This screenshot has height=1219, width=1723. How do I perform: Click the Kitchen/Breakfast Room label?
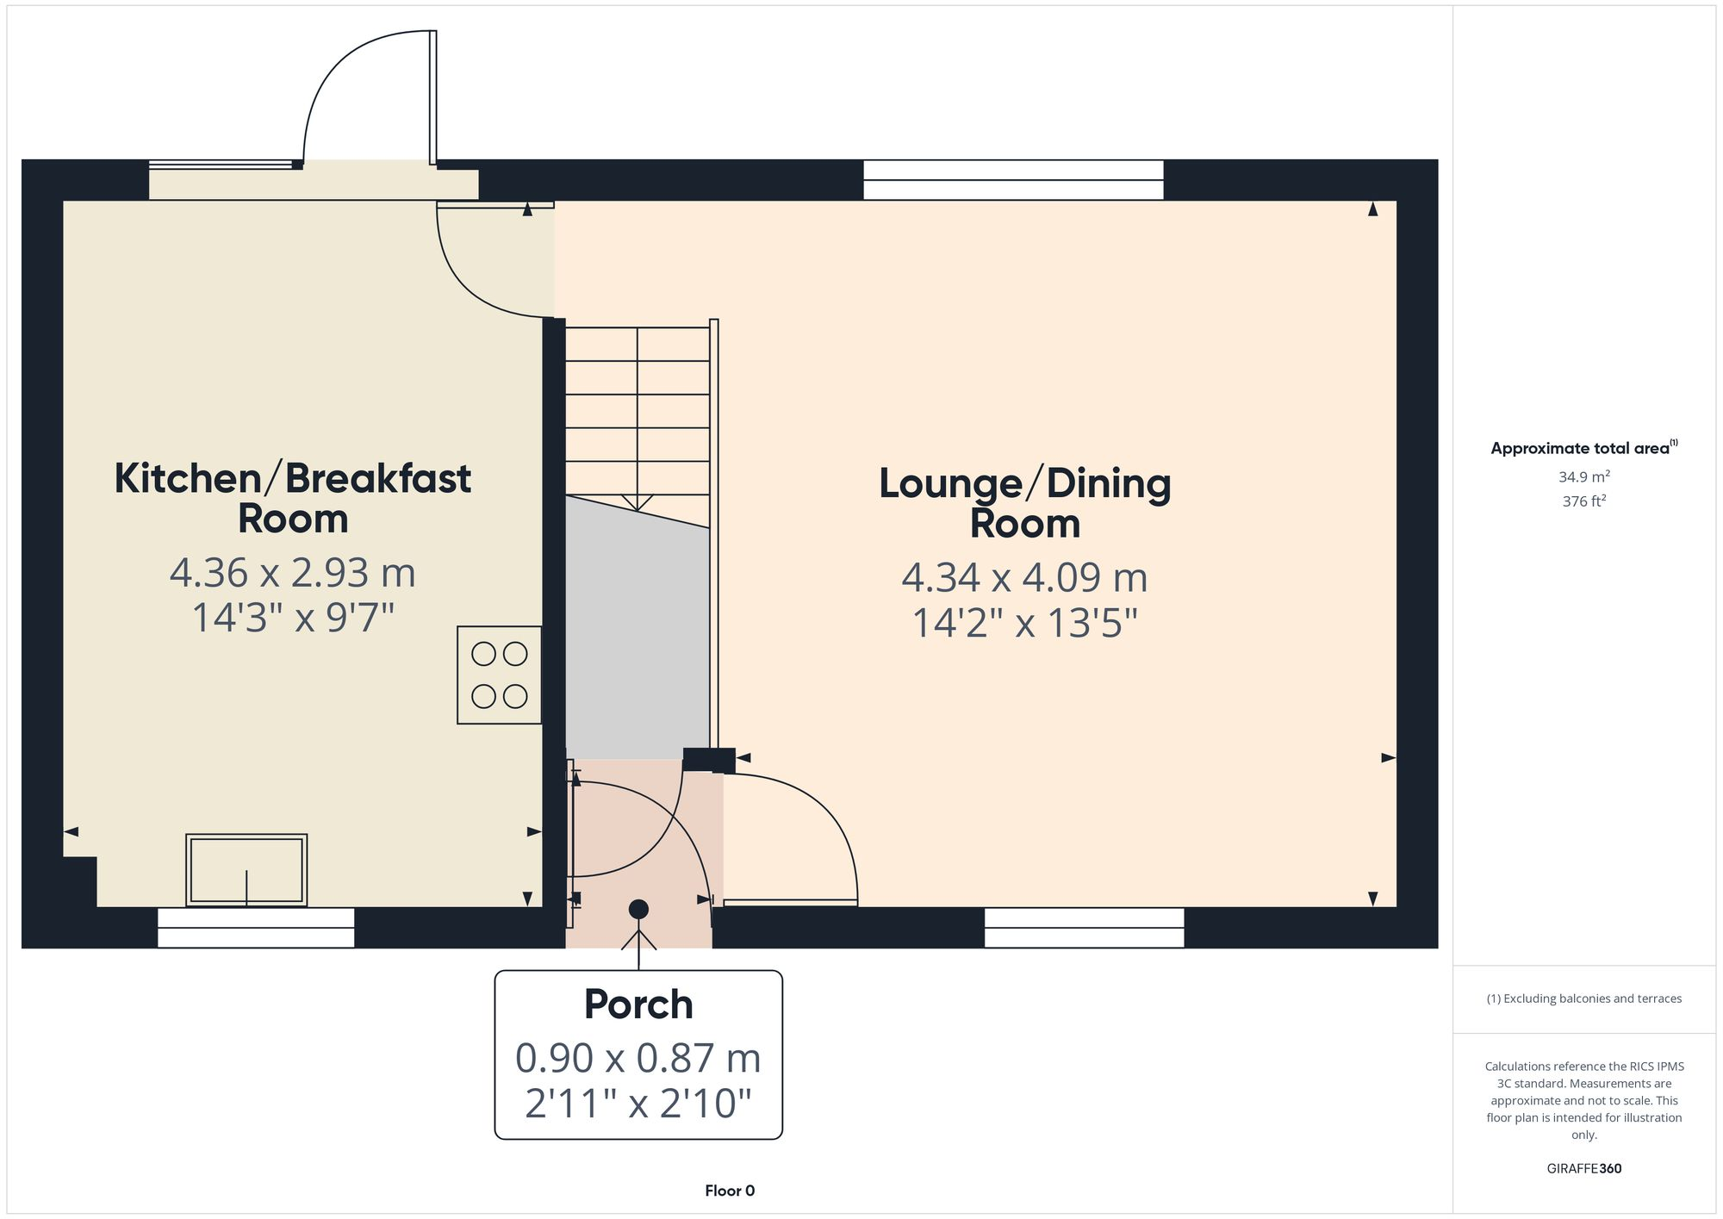point(293,498)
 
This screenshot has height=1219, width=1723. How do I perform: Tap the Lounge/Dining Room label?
point(1024,503)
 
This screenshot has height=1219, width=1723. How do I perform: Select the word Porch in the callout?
point(638,1004)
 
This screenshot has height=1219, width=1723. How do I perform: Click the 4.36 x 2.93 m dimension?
point(293,573)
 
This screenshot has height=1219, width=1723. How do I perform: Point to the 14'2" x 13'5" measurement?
point(1024,623)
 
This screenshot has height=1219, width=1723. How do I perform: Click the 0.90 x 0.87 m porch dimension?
point(638,1058)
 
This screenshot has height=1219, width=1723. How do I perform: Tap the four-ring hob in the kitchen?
point(500,675)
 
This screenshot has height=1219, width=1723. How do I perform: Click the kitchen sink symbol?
point(246,869)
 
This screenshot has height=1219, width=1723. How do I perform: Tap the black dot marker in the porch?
point(638,909)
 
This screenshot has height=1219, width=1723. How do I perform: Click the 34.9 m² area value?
point(1583,476)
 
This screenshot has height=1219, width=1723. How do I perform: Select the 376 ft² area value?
point(1583,501)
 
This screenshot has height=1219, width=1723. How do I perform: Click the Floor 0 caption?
point(730,1191)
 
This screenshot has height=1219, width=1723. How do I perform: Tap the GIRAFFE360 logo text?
point(1583,1168)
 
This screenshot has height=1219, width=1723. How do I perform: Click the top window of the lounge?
point(1013,180)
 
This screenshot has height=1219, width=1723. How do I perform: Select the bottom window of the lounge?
point(1084,928)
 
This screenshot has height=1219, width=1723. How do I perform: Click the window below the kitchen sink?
point(256,928)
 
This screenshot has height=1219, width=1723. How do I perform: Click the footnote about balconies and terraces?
point(1583,998)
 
